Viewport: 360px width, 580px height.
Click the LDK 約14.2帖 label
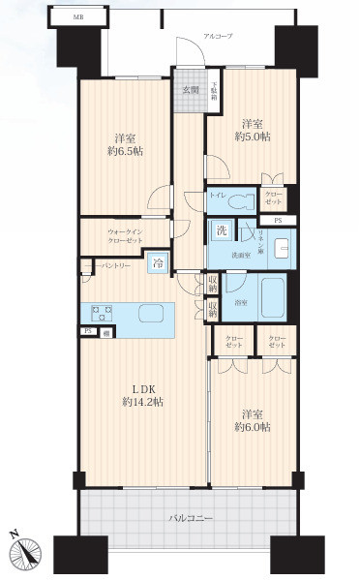140,393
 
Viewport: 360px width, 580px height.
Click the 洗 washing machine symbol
221,231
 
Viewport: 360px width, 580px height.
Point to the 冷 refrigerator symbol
158,263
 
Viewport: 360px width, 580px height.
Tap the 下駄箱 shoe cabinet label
214,94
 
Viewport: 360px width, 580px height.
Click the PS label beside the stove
86,331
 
